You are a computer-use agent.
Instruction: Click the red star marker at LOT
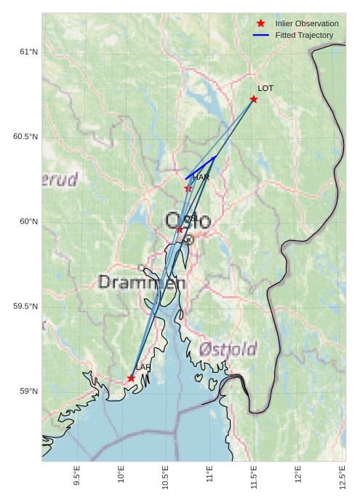click(254, 99)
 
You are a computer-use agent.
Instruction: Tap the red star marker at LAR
click(131, 379)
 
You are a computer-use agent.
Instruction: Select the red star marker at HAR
click(188, 189)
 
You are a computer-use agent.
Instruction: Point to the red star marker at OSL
click(180, 230)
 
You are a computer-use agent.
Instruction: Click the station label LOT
click(265, 88)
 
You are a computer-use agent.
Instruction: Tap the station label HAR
click(201, 177)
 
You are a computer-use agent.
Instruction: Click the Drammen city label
click(142, 282)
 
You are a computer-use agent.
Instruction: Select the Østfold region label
click(228, 349)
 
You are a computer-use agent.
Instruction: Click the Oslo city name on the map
click(188, 221)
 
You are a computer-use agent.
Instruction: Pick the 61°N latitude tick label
click(28, 52)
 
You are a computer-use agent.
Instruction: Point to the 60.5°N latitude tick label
click(25, 137)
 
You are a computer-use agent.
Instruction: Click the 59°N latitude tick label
click(28, 392)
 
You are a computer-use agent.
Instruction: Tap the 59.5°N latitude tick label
click(25, 306)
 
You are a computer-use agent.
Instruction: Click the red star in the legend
click(261, 23)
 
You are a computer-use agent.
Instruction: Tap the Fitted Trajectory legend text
click(304, 35)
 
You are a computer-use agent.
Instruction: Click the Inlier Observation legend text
click(307, 23)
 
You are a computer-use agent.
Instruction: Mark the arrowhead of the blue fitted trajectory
click(215, 157)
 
